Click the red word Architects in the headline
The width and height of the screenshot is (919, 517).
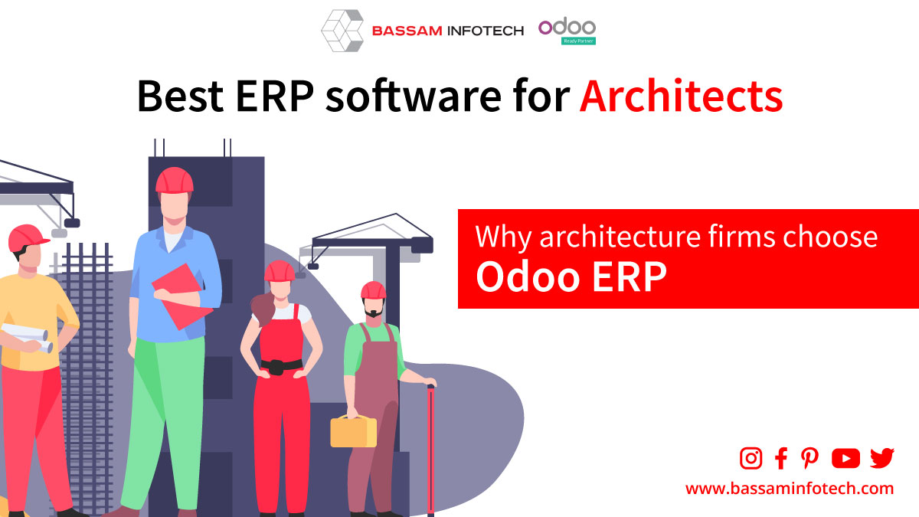[x=681, y=96]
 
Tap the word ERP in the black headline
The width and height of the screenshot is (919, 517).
[x=274, y=96]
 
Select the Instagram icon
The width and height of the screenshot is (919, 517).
[x=751, y=458]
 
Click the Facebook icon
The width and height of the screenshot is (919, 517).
[x=781, y=458]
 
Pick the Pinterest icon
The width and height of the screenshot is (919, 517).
[x=809, y=458]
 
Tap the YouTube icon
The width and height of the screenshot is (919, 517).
[x=845, y=458]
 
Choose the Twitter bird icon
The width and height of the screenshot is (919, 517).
[x=882, y=458]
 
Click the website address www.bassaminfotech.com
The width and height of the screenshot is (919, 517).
[x=790, y=489]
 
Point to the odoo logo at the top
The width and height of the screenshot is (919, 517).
[x=567, y=27]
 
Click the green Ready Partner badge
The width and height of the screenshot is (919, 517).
[x=578, y=41]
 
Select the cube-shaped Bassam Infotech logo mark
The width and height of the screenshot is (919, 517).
[x=342, y=31]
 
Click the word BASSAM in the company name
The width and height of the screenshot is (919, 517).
[x=407, y=31]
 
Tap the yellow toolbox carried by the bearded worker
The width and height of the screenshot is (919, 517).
[x=353, y=432]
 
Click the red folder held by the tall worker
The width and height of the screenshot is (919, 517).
[x=181, y=296]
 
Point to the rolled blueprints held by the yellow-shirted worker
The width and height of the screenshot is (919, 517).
[x=27, y=337]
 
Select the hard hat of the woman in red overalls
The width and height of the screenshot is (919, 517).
[x=280, y=271]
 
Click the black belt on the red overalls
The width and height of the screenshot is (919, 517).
[x=282, y=365]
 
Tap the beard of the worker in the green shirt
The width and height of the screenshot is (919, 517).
[x=374, y=312]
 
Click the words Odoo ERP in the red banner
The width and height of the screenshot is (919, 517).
[x=571, y=277]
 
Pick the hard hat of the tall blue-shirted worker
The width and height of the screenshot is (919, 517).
[x=175, y=180]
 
